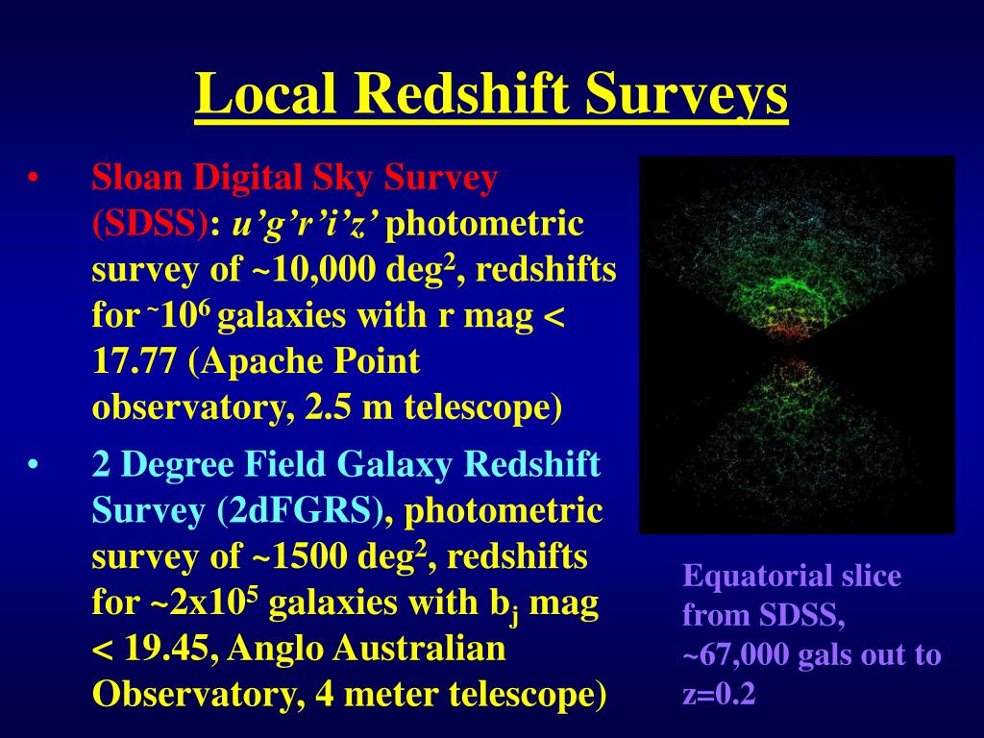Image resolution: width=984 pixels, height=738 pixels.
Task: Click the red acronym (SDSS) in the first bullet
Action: click(x=150, y=223)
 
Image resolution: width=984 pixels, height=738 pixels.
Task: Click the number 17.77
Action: click(x=134, y=361)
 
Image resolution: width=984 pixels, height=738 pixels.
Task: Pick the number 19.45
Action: click(x=167, y=649)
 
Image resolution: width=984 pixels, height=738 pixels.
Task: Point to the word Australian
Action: click(x=419, y=649)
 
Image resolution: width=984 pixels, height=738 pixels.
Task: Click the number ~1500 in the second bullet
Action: click(x=300, y=556)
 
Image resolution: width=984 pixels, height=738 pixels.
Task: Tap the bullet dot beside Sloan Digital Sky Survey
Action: click(x=34, y=179)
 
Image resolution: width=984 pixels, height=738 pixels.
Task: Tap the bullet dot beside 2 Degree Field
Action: click(x=34, y=466)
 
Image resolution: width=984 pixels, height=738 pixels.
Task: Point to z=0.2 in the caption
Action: click(x=719, y=695)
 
